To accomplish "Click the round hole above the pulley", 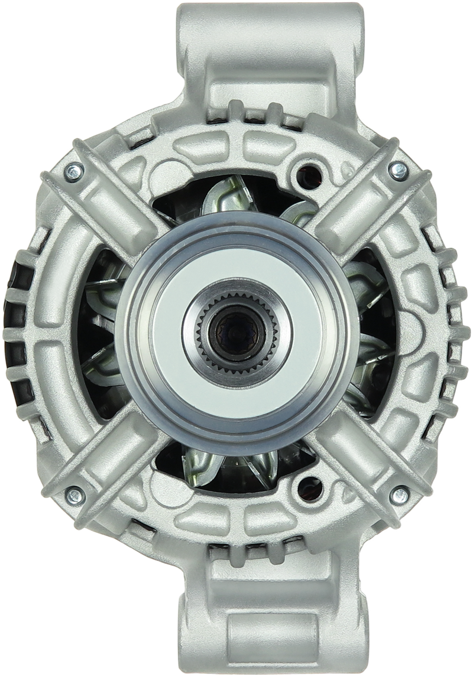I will tap(309, 169).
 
